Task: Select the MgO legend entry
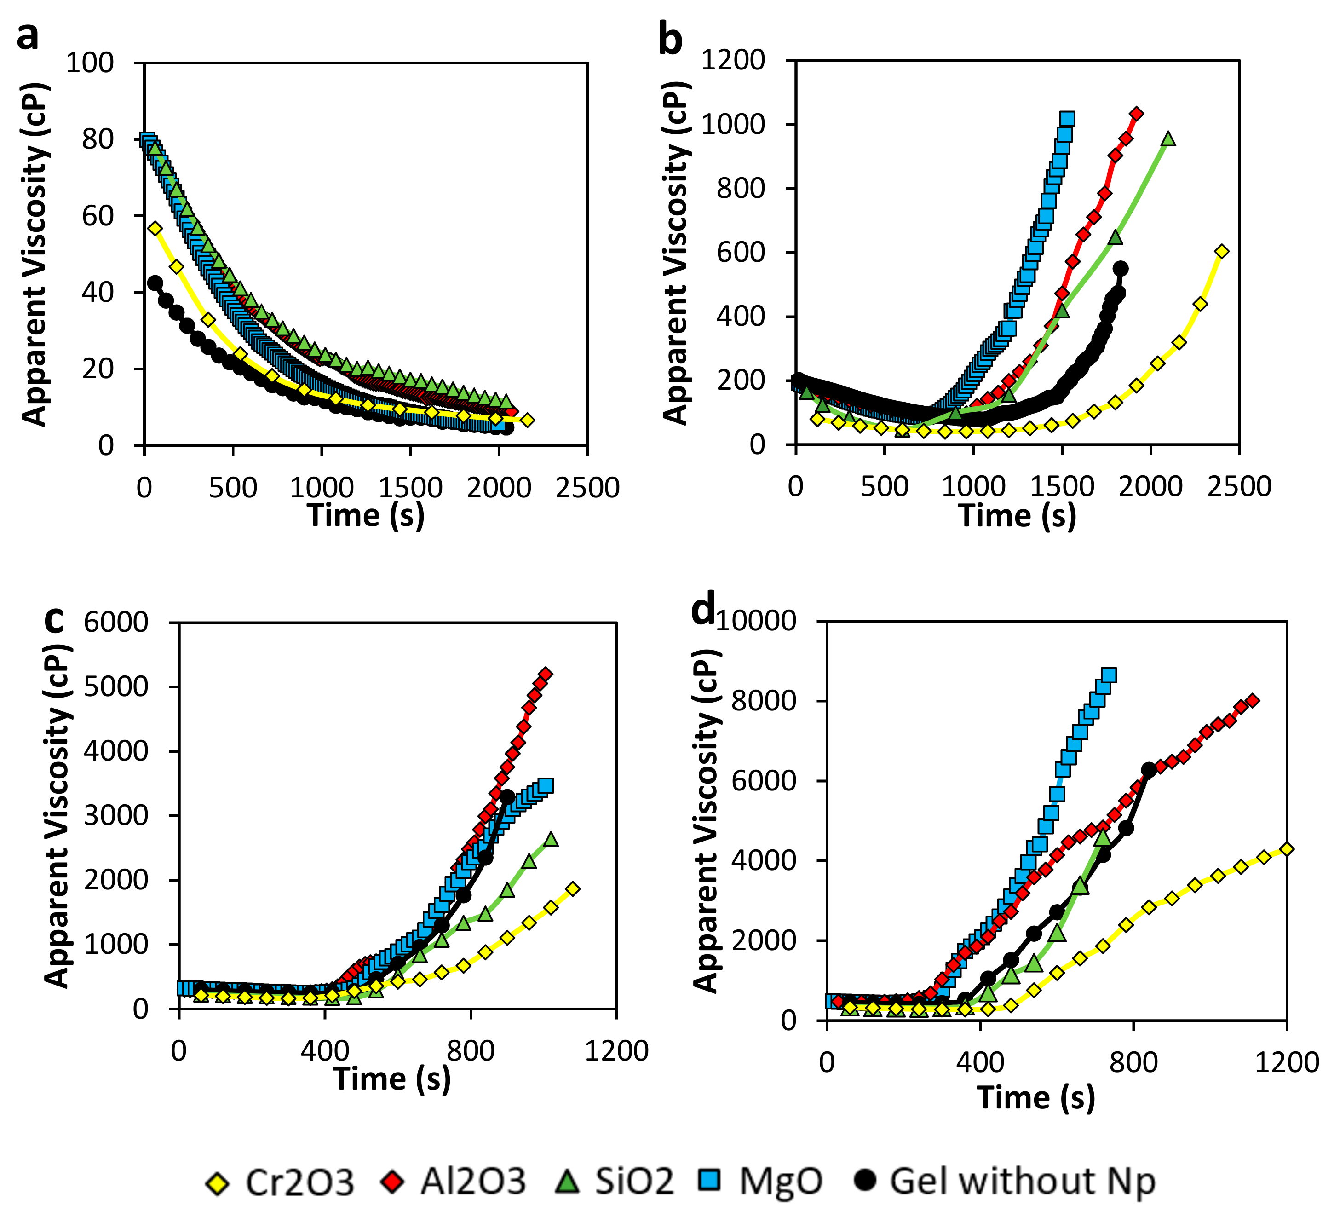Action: [x=761, y=1182]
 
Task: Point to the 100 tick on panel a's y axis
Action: [x=90, y=63]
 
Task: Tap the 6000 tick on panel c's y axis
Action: [x=116, y=623]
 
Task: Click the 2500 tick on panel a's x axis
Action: [x=587, y=488]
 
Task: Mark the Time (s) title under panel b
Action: [x=1018, y=515]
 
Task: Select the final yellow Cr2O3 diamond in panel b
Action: [x=1221, y=252]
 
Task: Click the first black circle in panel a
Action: [x=155, y=283]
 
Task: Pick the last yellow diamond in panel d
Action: [x=1286, y=849]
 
